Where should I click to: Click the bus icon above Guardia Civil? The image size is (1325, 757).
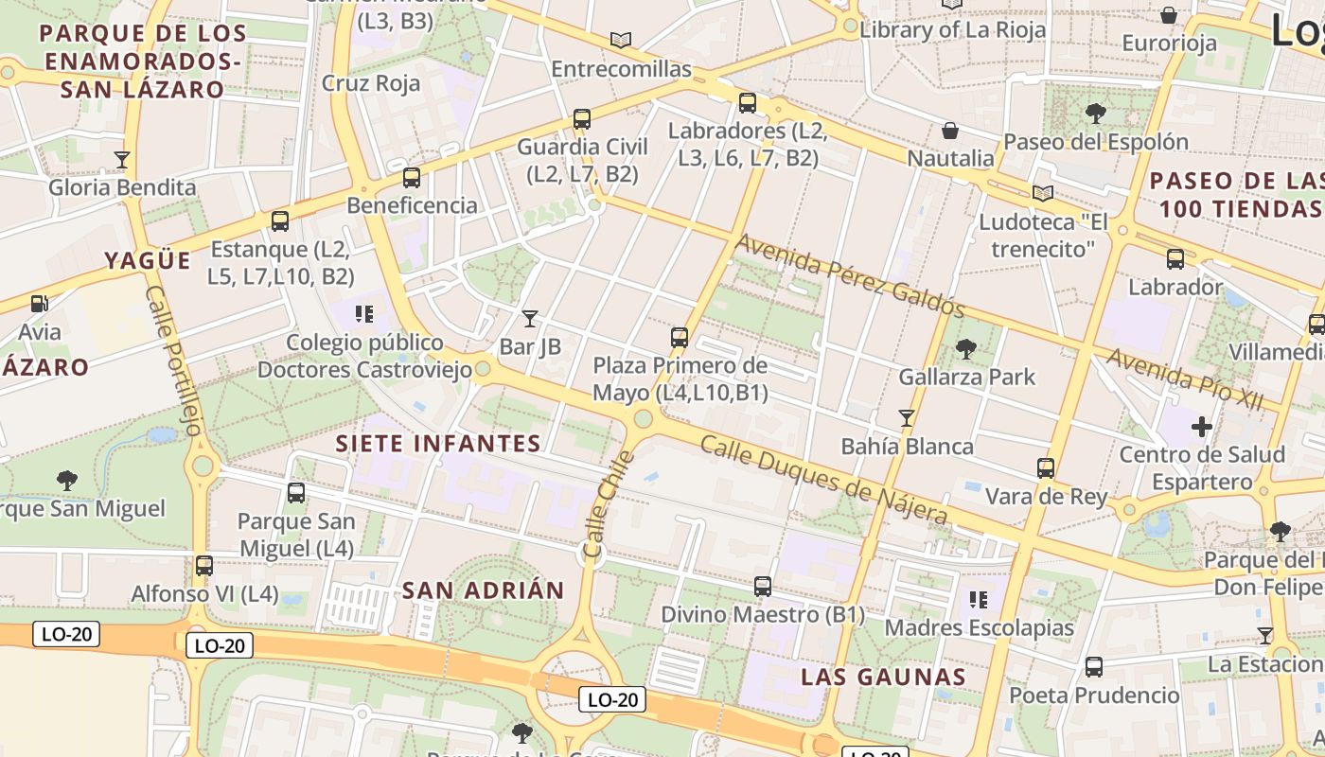(x=582, y=119)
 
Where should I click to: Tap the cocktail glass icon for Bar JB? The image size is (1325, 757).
(x=530, y=319)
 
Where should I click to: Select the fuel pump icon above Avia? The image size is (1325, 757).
(x=39, y=304)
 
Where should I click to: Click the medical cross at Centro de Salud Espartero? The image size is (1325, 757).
(x=1202, y=427)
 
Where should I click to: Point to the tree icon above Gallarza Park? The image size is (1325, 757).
(x=965, y=349)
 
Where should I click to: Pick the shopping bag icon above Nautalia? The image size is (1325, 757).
(x=950, y=131)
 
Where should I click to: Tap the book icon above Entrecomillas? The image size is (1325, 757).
(x=621, y=41)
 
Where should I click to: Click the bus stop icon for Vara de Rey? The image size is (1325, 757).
(x=1046, y=467)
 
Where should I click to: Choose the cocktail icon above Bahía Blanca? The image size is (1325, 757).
(x=907, y=417)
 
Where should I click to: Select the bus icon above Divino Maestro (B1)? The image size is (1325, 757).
(x=763, y=587)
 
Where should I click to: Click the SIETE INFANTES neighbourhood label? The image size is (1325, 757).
(x=438, y=443)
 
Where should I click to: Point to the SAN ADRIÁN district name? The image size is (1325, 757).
(x=483, y=590)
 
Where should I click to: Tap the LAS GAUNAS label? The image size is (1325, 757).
(x=883, y=677)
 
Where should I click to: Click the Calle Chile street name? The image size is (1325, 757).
(x=607, y=503)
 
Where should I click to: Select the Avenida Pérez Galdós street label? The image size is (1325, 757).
(x=849, y=275)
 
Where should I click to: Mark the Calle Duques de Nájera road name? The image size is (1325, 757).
(x=823, y=480)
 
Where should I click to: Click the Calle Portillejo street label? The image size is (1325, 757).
(x=173, y=361)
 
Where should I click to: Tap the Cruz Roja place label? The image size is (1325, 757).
(x=371, y=83)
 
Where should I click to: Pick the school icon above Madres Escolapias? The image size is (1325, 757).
(x=979, y=600)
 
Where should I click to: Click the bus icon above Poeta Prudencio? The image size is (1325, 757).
(x=1094, y=667)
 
